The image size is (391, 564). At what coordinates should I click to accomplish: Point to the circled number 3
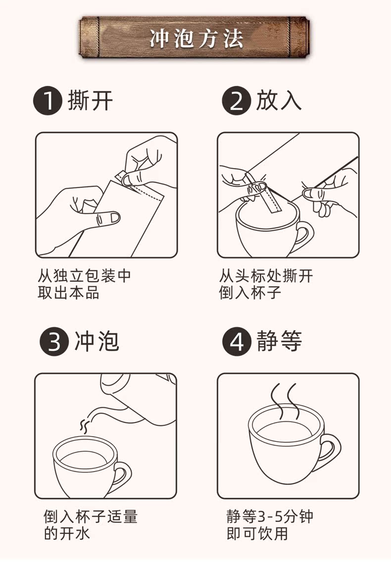coord(54,341)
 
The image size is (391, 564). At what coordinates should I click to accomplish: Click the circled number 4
coord(237,341)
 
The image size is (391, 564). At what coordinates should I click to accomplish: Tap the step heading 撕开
coord(90,100)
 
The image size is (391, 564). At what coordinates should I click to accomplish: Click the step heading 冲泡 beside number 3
coord(97,341)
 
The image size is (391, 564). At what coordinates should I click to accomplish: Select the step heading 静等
coord(279,341)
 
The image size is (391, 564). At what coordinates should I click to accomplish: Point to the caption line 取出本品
coord(68,293)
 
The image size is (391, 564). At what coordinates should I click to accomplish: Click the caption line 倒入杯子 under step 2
coord(250,293)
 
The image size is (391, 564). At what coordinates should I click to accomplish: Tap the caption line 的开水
coord(67,533)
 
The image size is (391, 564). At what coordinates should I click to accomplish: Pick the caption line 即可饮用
coord(257,533)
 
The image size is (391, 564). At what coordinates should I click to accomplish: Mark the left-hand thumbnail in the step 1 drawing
coord(115,217)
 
